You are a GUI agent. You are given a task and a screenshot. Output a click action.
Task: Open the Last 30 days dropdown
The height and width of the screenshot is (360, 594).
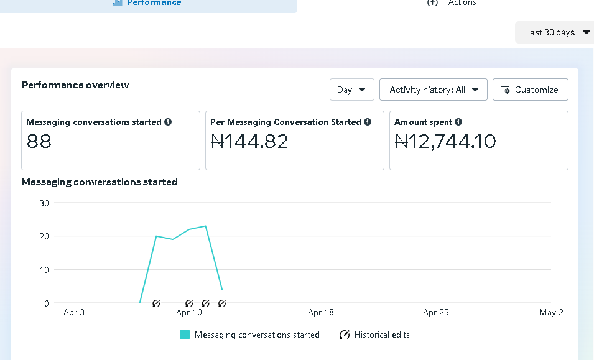554,32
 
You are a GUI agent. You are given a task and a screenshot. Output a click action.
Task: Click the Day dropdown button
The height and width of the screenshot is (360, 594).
352,90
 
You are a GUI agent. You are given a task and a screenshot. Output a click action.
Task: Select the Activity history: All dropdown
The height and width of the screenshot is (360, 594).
434,90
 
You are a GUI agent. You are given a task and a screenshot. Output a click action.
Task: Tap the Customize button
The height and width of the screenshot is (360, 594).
531,90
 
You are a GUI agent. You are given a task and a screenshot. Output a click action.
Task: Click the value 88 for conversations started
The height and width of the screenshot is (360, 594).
39,142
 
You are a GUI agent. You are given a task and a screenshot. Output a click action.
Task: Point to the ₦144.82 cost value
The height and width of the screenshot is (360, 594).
249,142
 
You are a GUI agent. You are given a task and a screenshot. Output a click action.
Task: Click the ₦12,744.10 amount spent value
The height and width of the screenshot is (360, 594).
445,142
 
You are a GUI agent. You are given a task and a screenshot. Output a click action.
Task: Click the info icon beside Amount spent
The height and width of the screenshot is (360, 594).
458,122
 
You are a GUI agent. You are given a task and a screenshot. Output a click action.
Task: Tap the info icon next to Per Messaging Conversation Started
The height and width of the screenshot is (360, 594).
368,122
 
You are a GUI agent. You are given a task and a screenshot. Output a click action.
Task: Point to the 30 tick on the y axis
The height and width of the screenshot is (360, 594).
44,203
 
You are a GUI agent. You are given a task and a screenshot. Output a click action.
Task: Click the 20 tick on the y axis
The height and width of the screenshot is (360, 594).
44,236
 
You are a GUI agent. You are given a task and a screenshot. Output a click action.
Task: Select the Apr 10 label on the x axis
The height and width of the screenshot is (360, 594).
189,312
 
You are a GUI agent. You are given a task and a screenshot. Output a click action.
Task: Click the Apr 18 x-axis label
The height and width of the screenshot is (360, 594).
320,312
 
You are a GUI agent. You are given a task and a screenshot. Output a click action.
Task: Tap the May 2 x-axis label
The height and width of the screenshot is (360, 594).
551,312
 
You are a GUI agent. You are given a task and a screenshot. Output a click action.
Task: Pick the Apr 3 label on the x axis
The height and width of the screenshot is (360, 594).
74,312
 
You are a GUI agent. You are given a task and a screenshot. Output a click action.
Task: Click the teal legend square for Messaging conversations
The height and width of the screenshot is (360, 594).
185,335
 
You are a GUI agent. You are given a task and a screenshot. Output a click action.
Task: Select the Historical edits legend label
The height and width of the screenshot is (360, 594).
382,335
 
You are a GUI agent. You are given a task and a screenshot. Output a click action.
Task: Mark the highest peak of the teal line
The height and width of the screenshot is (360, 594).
205,226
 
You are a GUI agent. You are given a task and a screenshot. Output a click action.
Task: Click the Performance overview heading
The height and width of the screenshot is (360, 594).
75,85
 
